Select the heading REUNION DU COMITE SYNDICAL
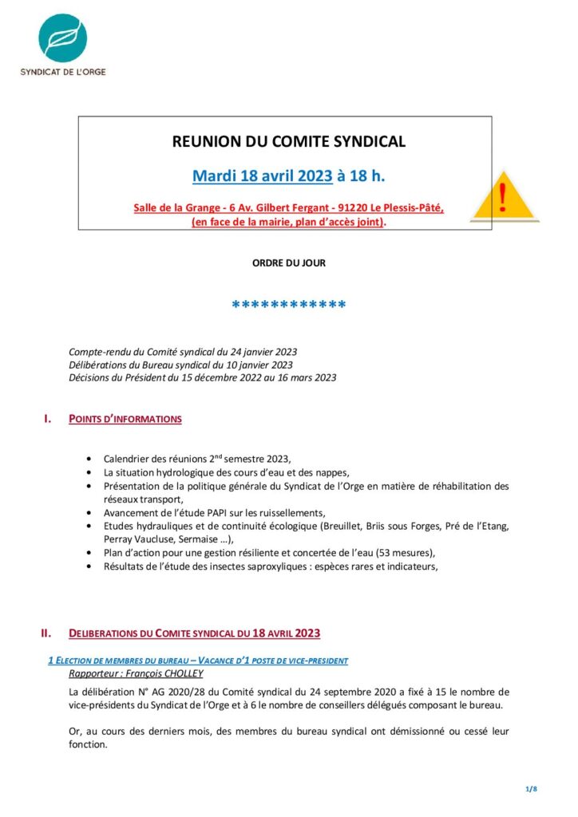(x=289, y=142)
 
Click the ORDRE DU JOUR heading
(x=289, y=262)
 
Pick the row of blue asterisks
(x=288, y=306)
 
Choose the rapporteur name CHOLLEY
(x=181, y=674)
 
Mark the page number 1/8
(x=532, y=789)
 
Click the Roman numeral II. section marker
(x=47, y=633)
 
